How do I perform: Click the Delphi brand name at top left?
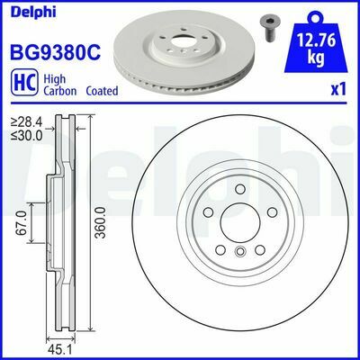click(33, 12)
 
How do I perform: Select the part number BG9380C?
click(56, 51)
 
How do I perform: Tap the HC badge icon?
click(23, 83)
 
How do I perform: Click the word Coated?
click(102, 91)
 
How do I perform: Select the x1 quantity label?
click(338, 90)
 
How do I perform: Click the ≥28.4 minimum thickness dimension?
click(27, 122)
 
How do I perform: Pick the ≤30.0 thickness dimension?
click(27, 136)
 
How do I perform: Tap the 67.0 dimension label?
click(22, 222)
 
